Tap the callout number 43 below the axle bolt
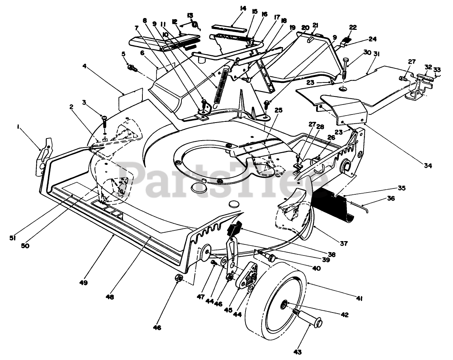(298, 352)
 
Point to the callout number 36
(391, 198)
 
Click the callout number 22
(353, 28)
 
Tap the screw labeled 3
(104, 121)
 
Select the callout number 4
(84, 66)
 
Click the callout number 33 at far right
(437, 70)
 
